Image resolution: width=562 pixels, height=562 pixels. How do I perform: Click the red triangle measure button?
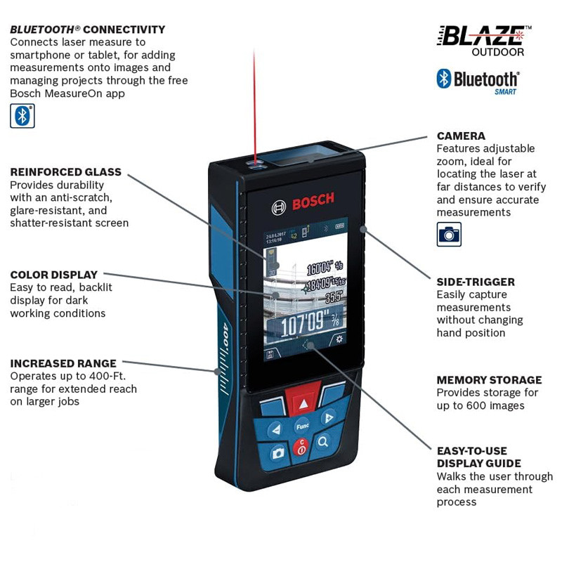pos(303,403)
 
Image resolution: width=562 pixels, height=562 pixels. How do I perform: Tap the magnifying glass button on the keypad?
pos(323,442)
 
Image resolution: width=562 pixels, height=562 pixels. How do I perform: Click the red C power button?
pos(301,447)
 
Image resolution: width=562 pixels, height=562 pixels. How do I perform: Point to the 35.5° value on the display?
pos(334,297)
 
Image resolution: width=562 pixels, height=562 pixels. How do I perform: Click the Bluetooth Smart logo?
pos(477,80)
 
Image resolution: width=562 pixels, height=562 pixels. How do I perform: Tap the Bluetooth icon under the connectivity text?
pos(22,115)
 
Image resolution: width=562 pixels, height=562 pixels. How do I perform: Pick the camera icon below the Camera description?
pos(449,233)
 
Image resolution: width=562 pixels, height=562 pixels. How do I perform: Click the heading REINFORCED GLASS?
pos(65,172)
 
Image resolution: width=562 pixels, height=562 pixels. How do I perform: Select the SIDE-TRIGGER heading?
pos(476,282)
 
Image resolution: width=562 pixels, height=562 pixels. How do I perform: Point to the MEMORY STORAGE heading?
pos(489,380)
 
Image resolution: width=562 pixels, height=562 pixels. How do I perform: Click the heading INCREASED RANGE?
pos(63,363)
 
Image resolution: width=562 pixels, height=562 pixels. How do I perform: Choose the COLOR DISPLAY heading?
pos(53,275)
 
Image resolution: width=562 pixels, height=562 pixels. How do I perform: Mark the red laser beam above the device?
pos(254,105)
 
